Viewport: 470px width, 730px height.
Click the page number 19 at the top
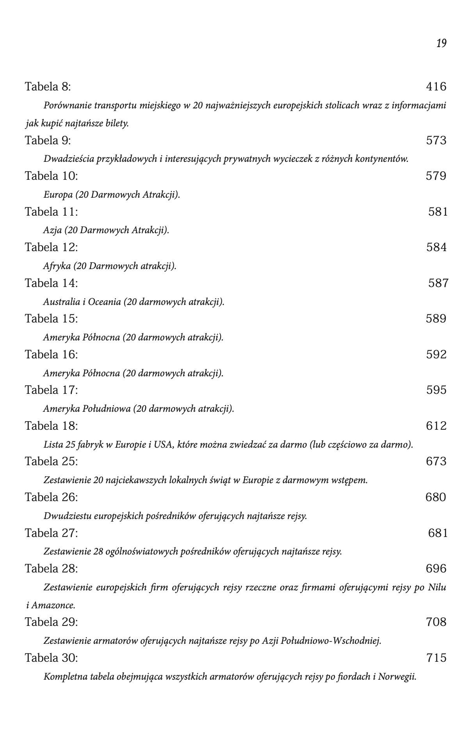[441, 43]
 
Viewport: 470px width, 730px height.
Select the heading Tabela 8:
[48, 87]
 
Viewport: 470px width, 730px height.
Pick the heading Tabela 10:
[52, 176]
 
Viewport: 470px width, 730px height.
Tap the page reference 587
[438, 283]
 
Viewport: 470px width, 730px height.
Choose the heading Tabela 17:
[52, 390]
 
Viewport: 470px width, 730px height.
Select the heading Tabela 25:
[52, 462]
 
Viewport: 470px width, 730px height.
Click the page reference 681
[438, 533]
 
